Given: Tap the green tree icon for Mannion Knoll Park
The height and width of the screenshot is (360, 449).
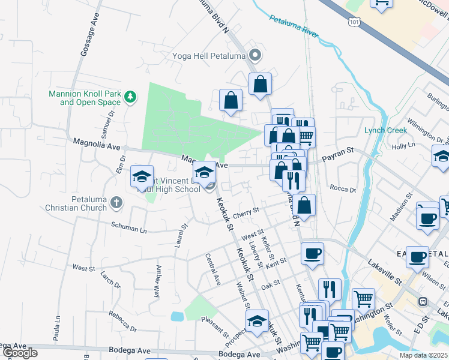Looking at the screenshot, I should click(129, 96).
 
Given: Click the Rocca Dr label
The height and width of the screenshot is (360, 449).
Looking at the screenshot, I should click(343, 188).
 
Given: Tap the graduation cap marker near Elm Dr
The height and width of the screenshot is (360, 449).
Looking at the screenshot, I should click(142, 176).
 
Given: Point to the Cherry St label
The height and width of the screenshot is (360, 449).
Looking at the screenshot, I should click(246, 211).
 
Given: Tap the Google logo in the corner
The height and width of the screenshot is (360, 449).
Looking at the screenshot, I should click(20, 353).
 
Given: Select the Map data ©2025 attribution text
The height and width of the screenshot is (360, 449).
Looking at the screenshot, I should click(423, 355).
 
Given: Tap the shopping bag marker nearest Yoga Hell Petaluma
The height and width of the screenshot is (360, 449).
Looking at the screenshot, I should click(260, 84).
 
